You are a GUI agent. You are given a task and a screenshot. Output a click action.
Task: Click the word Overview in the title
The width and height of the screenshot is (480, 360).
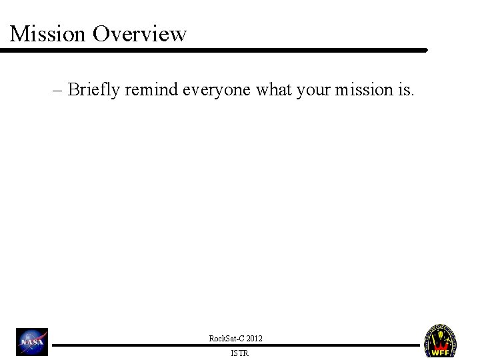pos(140,33)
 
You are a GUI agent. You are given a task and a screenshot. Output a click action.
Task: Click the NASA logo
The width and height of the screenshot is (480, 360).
pos(33,342)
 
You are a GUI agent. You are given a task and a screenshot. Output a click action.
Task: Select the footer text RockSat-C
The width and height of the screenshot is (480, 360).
pos(225,339)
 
